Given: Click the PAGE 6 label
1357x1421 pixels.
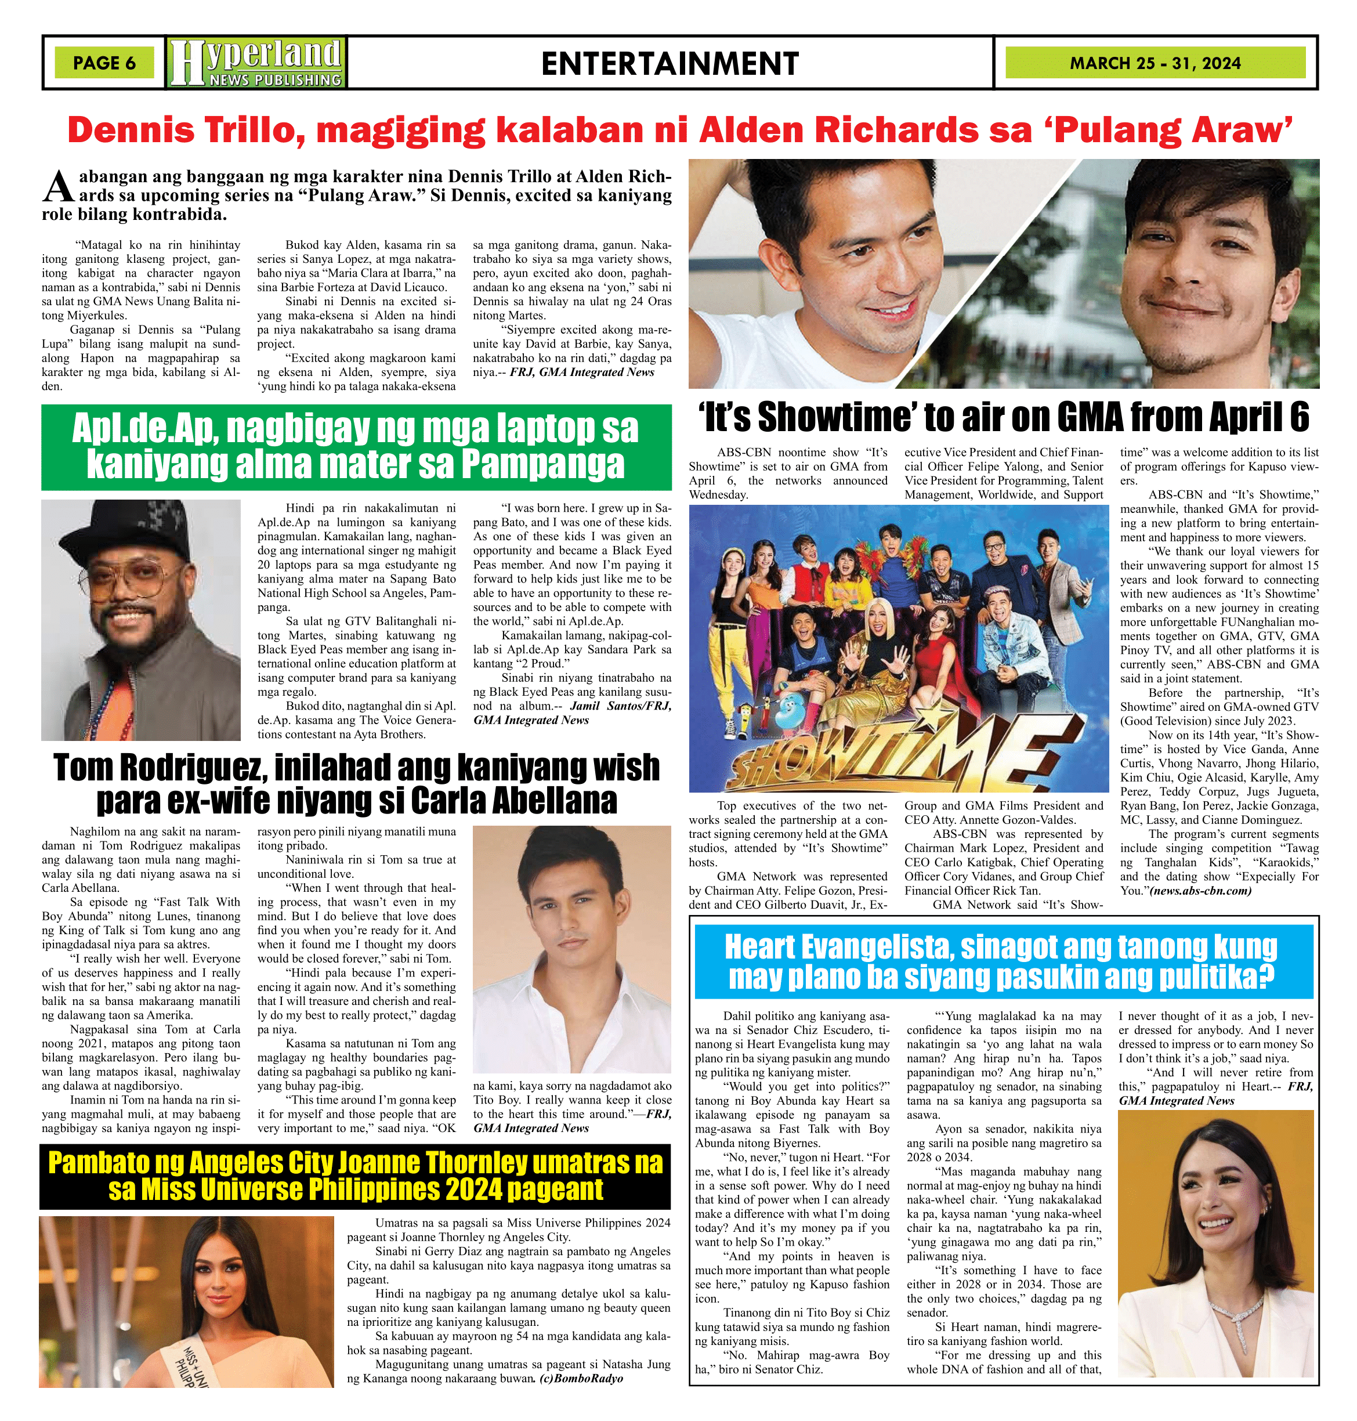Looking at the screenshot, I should point(104,63).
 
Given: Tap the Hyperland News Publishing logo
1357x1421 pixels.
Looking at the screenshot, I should point(256,63).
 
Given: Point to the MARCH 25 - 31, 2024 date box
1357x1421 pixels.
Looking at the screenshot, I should point(1155,63).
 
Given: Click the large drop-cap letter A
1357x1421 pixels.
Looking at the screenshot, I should point(57,187).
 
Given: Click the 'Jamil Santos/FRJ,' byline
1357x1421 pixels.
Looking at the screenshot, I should point(621,706).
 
